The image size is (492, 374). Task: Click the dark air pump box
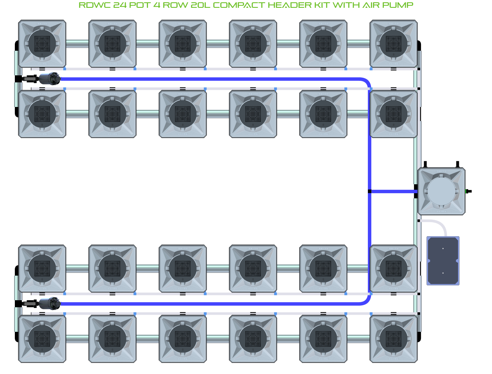tap(443, 260)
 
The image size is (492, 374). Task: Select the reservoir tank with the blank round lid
tap(441, 191)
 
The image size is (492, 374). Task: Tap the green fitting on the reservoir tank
tap(467, 191)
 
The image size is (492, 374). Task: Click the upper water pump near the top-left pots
tap(50, 78)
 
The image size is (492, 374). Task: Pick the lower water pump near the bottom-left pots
tap(50, 303)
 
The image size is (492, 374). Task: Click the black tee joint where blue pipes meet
tap(369, 191)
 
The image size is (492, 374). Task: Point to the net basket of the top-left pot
tap(42, 44)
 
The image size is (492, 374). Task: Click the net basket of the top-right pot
tap(394, 44)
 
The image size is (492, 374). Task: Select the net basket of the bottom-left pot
tap(42, 339)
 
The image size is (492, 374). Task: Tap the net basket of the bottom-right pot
tap(394, 339)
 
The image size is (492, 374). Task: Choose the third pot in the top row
tap(183, 44)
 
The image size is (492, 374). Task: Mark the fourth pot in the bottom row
tap(253, 339)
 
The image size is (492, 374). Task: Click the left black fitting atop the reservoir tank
tap(426, 164)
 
